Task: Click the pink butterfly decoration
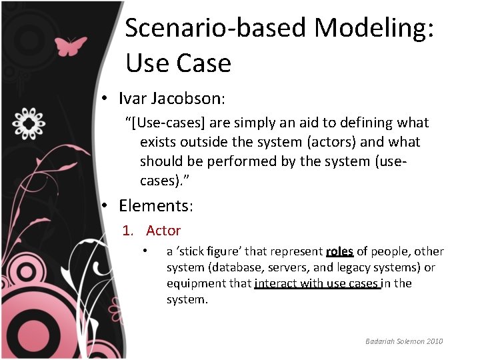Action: (x=71, y=46)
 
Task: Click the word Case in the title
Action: (x=205, y=63)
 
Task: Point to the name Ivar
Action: (x=133, y=99)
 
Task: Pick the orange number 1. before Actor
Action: (x=130, y=231)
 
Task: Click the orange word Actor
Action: (x=163, y=231)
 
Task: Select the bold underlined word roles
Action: (x=339, y=251)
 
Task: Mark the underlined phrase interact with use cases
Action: (x=317, y=283)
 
